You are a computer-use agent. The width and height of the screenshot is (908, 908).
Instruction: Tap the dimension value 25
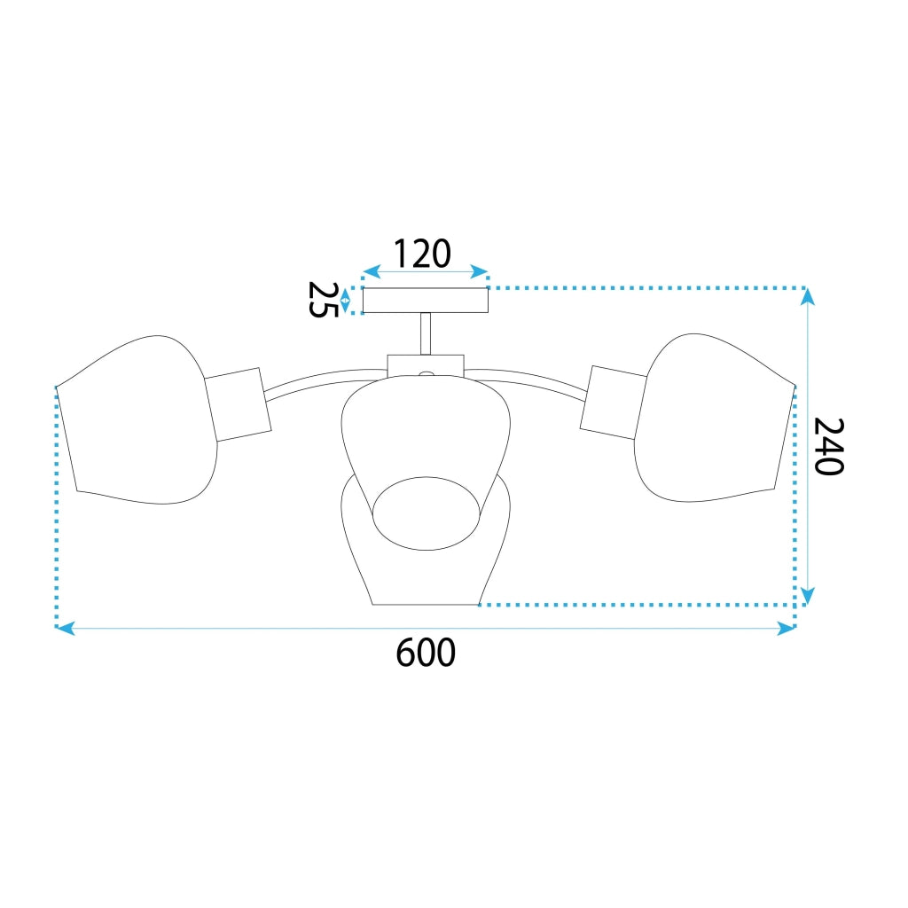coord(323,300)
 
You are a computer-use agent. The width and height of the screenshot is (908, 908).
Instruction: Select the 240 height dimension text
coord(829,446)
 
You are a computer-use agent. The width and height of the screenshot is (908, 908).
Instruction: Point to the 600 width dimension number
coord(426,653)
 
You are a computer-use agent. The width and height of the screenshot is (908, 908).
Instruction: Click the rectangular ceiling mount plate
coord(425,300)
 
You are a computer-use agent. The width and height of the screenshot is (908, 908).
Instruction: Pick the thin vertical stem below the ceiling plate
coord(426,333)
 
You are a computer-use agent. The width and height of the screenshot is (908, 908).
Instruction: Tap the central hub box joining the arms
coord(426,365)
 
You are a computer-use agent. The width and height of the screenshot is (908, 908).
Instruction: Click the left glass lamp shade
coord(137,419)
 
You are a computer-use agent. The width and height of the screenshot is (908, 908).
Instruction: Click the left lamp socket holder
coord(238,404)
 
